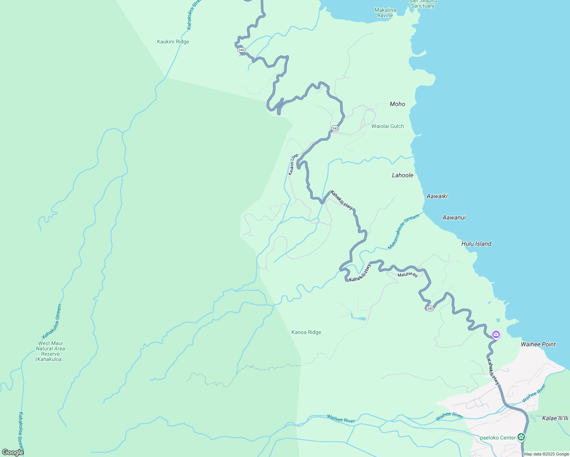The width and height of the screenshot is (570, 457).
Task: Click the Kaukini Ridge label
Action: [x=173, y=42]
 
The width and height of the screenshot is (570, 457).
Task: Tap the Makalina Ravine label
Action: [x=385, y=13]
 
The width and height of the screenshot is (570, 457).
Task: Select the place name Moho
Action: [x=397, y=104]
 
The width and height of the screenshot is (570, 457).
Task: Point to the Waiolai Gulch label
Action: [x=387, y=126]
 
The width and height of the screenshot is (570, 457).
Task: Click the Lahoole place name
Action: [x=402, y=175]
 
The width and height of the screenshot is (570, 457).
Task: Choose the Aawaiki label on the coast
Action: [x=437, y=196]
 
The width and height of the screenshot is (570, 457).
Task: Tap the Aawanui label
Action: [x=454, y=217]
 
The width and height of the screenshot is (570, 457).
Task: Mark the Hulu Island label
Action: [x=476, y=244]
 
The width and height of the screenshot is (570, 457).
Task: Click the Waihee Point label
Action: [x=538, y=344]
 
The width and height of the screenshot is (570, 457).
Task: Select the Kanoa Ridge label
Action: [x=306, y=332]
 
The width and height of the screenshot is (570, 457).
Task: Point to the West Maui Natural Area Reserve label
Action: [x=50, y=351]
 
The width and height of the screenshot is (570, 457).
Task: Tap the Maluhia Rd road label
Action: [x=407, y=275]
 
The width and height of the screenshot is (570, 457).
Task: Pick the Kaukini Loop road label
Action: [x=293, y=164]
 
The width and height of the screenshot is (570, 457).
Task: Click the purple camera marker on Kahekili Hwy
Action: [x=496, y=334]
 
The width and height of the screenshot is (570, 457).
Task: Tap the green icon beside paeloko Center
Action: [x=521, y=437]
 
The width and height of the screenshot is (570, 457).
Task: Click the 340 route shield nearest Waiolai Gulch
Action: [x=335, y=128]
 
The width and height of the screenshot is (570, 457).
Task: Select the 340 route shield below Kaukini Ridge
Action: [x=241, y=50]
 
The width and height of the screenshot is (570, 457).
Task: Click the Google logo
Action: [x=13, y=452]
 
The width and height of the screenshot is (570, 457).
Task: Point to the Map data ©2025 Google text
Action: [x=546, y=454]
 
